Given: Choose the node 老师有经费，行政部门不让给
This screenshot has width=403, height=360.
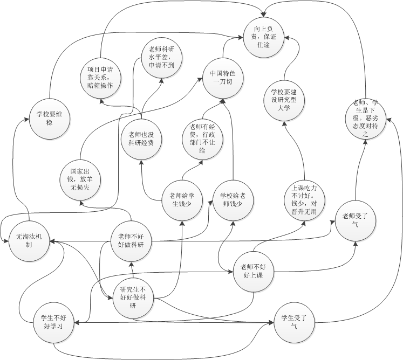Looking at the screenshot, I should tap(202, 139).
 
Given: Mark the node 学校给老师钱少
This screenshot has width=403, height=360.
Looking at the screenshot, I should tap(234, 198).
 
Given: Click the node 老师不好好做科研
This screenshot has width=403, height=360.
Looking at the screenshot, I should tap(131, 240).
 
